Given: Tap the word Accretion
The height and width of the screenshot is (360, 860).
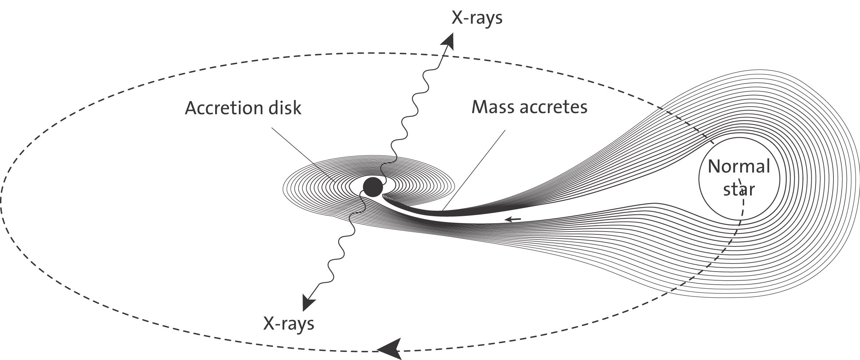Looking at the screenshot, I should click(x=221, y=108).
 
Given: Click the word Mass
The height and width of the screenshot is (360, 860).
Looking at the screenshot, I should click(x=492, y=107).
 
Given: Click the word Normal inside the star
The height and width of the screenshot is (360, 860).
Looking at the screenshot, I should click(x=739, y=167).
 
